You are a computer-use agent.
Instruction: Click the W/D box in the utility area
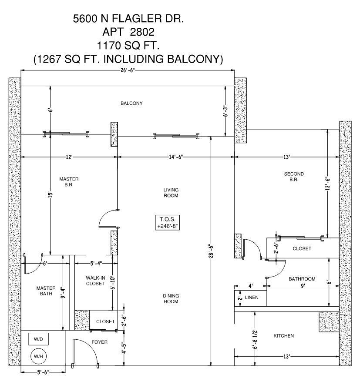click(x=38, y=338)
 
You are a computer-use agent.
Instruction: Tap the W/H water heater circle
click(x=38, y=357)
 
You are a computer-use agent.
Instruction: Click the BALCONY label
click(x=131, y=103)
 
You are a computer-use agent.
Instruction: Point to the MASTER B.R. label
click(x=69, y=182)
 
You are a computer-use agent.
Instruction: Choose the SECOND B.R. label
click(x=294, y=177)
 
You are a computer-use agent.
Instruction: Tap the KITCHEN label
click(x=283, y=336)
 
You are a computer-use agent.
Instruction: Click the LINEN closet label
click(x=251, y=298)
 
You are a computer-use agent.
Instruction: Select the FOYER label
click(x=99, y=342)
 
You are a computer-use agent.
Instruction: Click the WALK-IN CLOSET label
click(x=95, y=281)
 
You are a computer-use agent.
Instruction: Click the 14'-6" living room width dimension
click(x=176, y=157)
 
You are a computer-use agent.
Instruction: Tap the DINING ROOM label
click(x=171, y=298)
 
